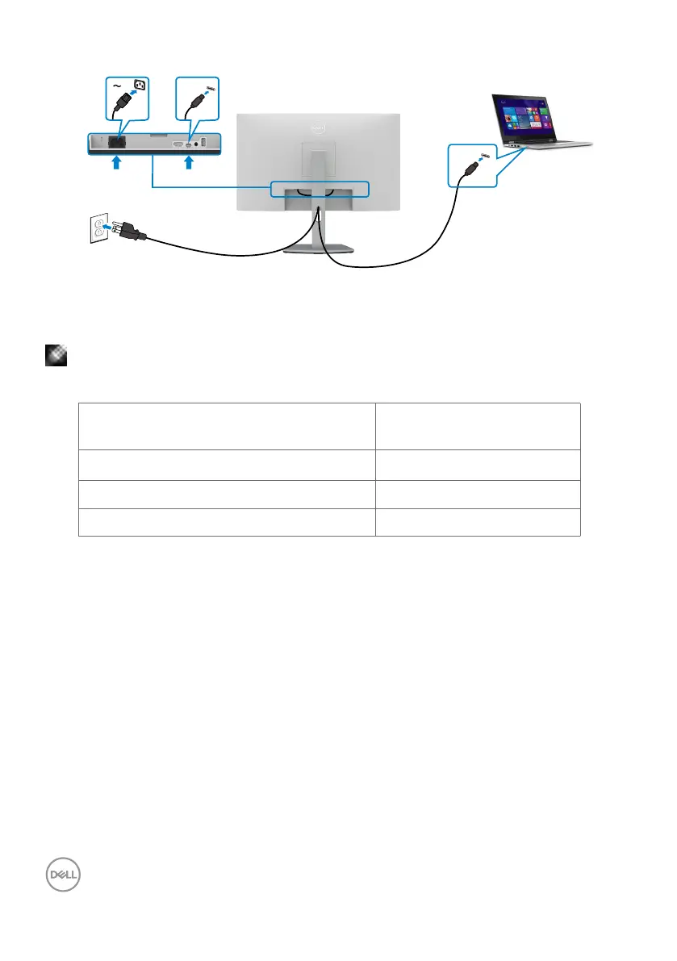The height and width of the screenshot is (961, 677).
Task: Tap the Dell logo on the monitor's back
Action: pyautogui.click(x=319, y=127)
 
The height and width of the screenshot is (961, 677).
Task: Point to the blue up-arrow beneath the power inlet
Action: pyautogui.click(x=116, y=163)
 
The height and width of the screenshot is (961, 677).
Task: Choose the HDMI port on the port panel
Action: pyautogui.click(x=178, y=144)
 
